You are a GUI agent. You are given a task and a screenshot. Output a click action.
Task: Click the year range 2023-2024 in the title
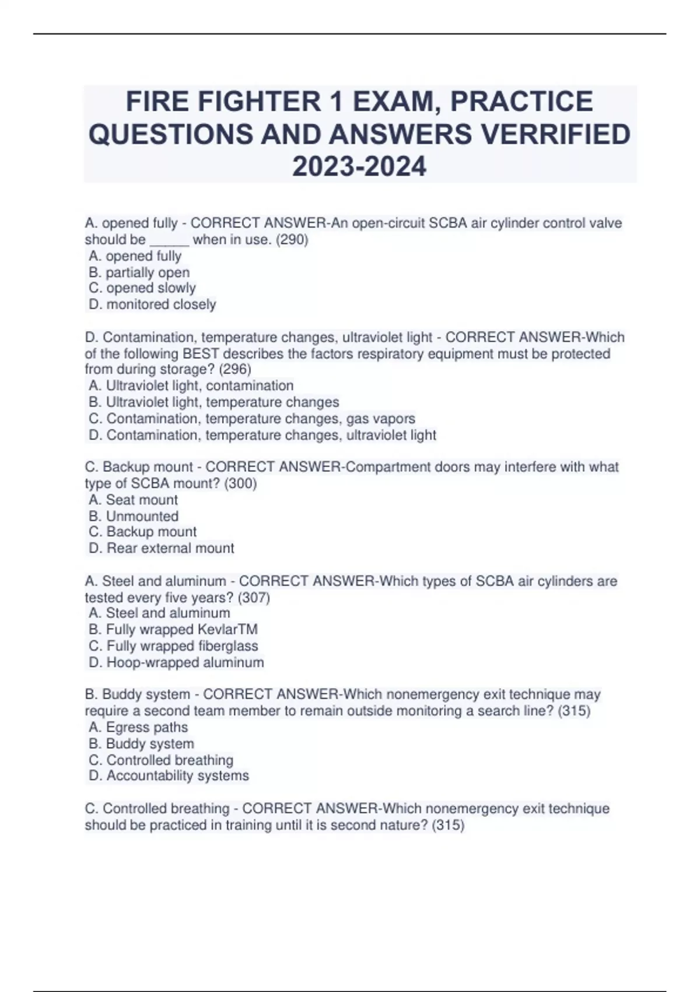(x=359, y=166)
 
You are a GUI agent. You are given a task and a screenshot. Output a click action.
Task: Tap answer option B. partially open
(x=139, y=273)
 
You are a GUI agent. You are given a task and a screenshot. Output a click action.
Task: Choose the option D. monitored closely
(x=152, y=305)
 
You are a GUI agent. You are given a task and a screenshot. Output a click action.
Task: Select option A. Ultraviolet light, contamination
(x=191, y=386)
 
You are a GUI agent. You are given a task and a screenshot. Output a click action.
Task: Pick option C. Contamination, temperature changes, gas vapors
(x=252, y=418)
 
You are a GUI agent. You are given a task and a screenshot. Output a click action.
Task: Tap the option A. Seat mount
(x=134, y=500)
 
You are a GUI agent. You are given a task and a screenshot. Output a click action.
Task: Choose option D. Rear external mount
(x=162, y=549)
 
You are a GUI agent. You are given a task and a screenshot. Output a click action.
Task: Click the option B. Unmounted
(x=134, y=516)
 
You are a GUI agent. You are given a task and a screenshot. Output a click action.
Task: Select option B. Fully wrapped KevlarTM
(x=173, y=630)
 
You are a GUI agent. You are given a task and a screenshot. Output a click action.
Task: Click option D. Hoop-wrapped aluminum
(x=176, y=663)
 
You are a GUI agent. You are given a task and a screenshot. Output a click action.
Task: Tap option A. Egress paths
(x=138, y=728)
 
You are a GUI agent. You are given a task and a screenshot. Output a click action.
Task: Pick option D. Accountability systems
(x=169, y=776)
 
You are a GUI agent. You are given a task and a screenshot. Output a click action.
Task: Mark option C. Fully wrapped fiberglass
(x=173, y=646)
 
